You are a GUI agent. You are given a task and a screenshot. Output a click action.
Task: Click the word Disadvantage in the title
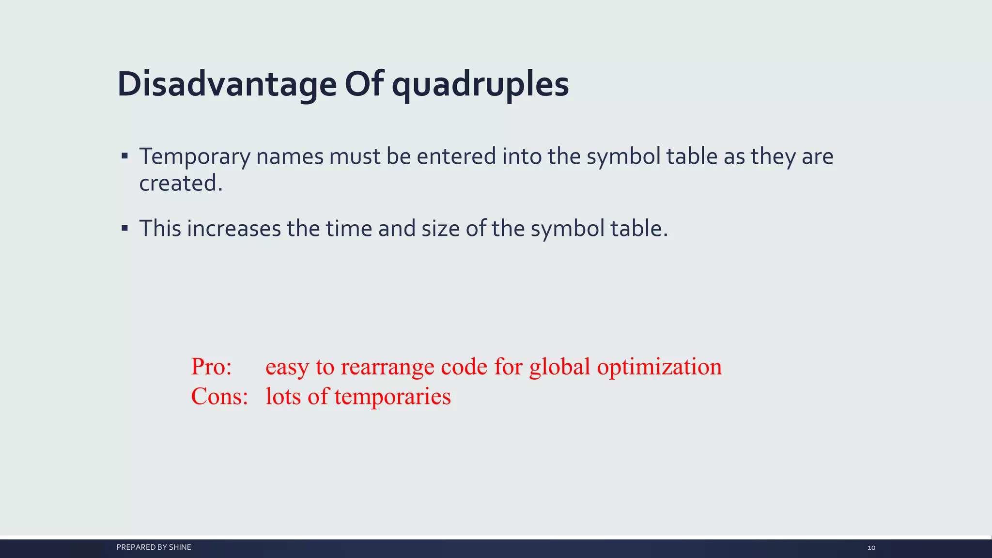pyautogui.click(x=226, y=84)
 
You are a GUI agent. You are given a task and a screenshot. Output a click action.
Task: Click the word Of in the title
pyautogui.click(x=364, y=84)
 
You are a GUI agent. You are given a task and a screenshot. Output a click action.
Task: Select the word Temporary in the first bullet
pyautogui.click(x=195, y=157)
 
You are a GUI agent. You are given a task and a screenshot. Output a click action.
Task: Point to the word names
pyautogui.click(x=290, y=157)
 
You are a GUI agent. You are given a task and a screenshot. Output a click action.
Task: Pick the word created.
pyautogui.click(x=180, y=184)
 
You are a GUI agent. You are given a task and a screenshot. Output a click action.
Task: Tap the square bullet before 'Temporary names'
pyautogui.click(x=125, y=156)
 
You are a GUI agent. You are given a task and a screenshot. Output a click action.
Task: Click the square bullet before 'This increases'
pyautogui.click(x=125, y=228)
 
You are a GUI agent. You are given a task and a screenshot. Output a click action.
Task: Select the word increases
pyautogui.click(x=233, y=228)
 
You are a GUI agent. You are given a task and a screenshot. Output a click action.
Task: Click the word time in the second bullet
pyautogui.click(x=349, y=228)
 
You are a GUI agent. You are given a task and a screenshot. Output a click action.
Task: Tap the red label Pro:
pyautogui.click(x=211, y=367)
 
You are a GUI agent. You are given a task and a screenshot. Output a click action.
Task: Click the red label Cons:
pyautogui.click(x=219, y=397)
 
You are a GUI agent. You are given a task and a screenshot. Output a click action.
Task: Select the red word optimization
pyautogui.click(x=659, y=367)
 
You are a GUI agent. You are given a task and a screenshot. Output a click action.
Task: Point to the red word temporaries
pyautogui.click(x=392, y=397)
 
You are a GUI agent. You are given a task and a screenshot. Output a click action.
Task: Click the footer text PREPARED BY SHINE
pyautogui.click(x=154, y=547)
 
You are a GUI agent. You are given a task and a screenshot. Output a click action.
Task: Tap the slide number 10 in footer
pyautogui.click(x=871, y=548)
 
